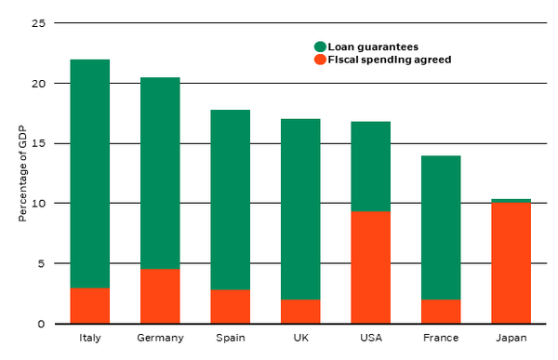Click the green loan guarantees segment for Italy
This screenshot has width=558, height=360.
(89, 173)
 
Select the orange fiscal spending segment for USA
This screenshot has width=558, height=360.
(370, 267)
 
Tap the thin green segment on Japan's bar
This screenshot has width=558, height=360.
(511, 201)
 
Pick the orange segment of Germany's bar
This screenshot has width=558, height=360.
(160, 296)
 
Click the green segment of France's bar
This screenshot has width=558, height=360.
(441, 228)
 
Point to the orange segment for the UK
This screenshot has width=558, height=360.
(300, 312)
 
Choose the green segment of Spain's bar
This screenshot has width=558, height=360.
(231, 200)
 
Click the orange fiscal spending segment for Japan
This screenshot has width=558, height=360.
(511, 263)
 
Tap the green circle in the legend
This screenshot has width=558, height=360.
(320, 47)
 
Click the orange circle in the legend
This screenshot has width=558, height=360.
(320, 60)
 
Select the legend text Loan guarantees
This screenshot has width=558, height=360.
(373, 47)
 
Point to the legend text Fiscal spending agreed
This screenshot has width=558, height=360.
(390, 60)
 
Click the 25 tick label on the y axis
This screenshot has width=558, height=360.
(39, 23)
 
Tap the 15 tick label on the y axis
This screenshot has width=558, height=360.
(39, 143)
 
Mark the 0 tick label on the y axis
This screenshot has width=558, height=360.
(42, 324)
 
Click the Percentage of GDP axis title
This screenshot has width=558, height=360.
(22, 173)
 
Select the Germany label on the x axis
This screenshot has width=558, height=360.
(160, 338)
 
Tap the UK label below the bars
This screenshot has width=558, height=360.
(301, 338)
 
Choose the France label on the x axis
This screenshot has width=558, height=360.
(441, 338)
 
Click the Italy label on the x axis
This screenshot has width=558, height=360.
(90, 338)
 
